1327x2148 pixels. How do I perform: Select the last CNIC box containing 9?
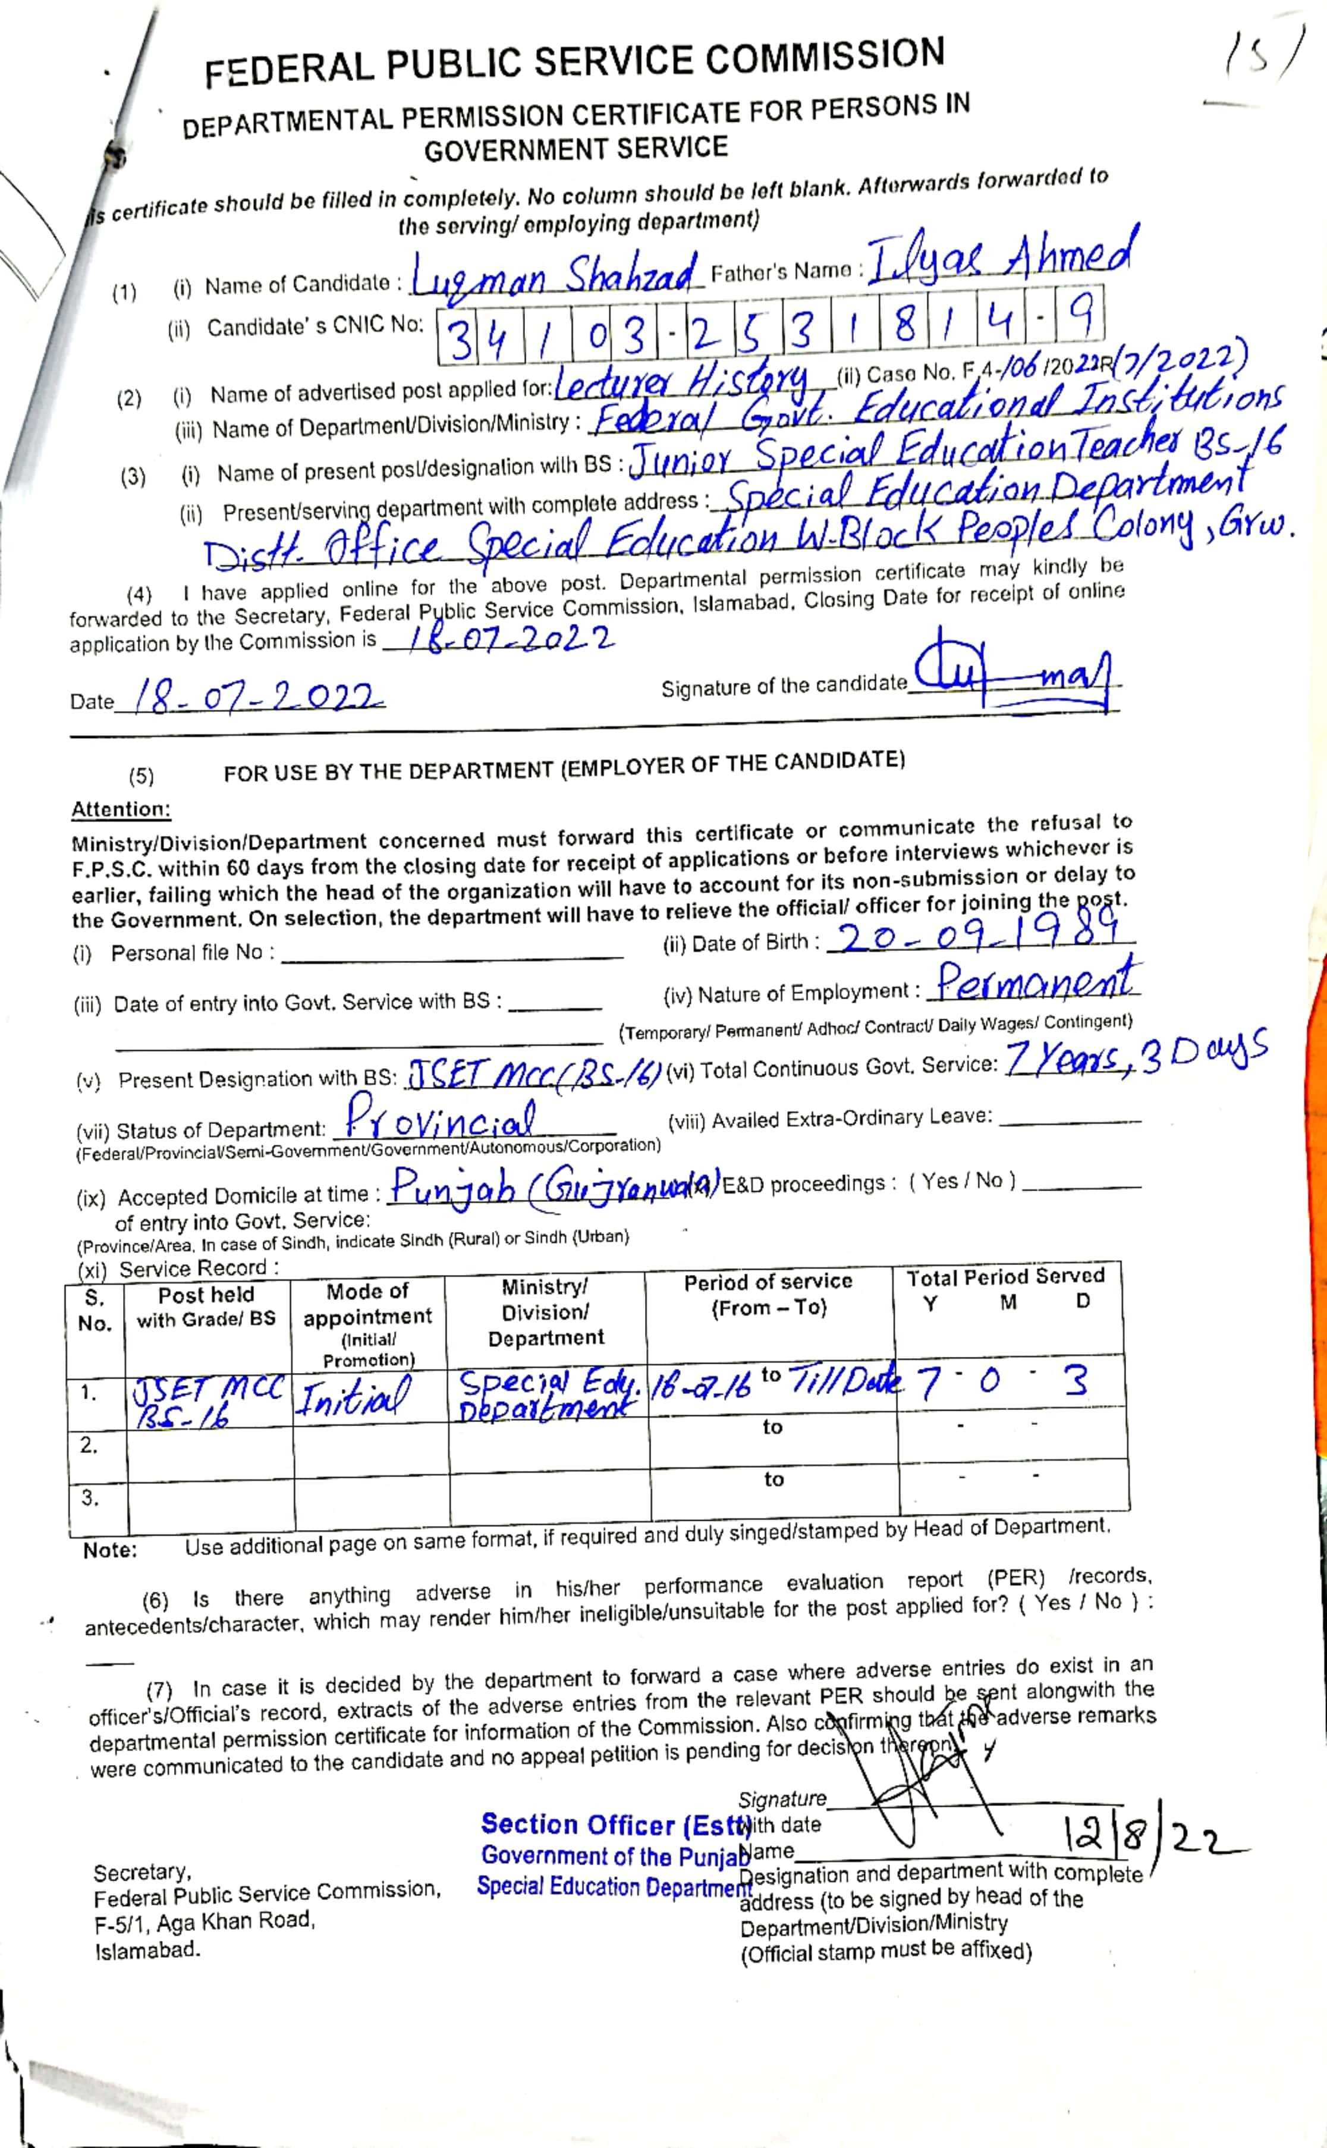(1080, 318)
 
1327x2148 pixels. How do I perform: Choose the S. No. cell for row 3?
(90, 1499)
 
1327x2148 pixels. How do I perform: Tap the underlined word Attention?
(120, 809)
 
